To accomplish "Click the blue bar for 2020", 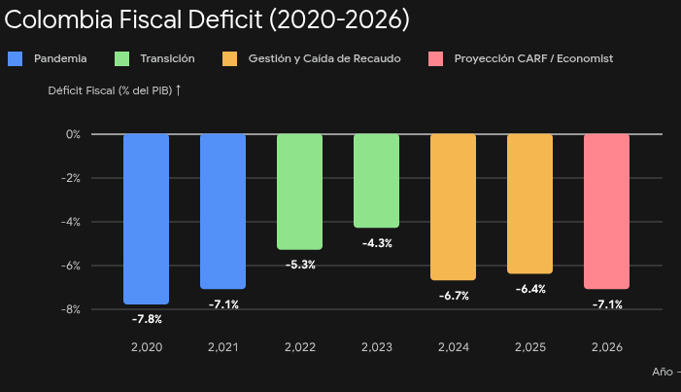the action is tap(146, 219).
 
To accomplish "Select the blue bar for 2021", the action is tap(222, 211).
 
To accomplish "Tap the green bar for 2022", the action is tap(299, 192).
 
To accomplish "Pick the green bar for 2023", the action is tap(377, 181).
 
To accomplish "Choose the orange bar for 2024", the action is tap(453, 207).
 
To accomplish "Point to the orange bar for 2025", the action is tap(529, 204).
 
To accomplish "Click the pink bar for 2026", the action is tap(607, 211).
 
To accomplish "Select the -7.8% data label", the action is tap(147, 319).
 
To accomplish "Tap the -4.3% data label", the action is tap(377, 243).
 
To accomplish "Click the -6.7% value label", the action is tap(454, 296).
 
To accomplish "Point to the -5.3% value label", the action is tap(300, 265).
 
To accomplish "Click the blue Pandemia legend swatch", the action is tap(16, 58).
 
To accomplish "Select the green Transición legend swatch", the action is tap(121, 58).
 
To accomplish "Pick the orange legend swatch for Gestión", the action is tap(229, 58).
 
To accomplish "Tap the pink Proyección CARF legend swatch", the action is tap(435, 58).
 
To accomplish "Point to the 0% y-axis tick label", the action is tap(73, 134).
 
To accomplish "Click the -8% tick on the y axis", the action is tap(71, 309).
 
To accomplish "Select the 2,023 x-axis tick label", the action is tap(377, 347).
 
